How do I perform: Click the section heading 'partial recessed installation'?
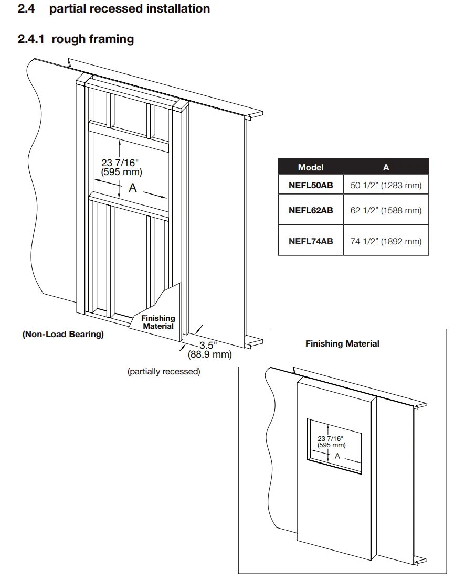pos(130,9)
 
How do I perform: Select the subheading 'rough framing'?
pos(92,39)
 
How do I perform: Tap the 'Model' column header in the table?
pos(311,167)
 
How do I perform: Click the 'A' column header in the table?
pos(386,167)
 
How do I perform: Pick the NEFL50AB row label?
pos(311,185)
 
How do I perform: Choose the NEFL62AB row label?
pos(311,211)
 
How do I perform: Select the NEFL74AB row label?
pos(311,241)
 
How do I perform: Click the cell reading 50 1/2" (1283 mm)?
pos(386,185)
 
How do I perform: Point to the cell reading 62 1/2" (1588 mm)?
pos(386,211)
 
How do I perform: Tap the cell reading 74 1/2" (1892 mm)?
pos(386,241)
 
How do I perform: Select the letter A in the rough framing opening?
pos(133,188)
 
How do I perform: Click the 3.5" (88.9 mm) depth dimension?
pos(209,350)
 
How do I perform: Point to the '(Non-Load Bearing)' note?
pos(63,334)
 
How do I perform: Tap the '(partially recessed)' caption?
pos(164,372)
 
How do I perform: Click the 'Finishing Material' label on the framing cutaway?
pos(158,322)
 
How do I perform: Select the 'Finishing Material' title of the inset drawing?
pos(342,344)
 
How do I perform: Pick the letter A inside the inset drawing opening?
pos(337,456)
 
